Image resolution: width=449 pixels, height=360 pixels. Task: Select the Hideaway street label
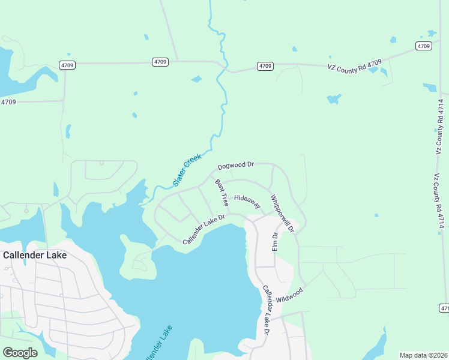coord(247,197)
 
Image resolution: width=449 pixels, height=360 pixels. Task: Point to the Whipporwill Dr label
coord(282,214)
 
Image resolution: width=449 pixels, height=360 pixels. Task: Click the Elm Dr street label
coord(275,241)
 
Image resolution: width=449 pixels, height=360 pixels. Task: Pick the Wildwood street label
coord(290,295)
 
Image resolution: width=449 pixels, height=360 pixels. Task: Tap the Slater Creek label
coord(187,170)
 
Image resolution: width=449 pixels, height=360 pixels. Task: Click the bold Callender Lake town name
coord(35,254)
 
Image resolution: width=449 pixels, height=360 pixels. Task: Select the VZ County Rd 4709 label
coord(355,66)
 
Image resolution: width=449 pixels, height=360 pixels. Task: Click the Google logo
coord(19,352)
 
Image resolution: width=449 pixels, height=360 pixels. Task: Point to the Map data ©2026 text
coord(424,355)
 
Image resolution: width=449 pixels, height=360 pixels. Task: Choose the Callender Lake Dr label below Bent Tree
coord(203,230)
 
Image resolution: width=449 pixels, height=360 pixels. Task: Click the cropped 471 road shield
coord(444,308)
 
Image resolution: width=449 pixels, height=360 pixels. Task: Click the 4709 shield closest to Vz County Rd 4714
coord(424,46)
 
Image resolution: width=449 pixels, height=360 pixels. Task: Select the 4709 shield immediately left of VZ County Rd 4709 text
coord(265,66)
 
